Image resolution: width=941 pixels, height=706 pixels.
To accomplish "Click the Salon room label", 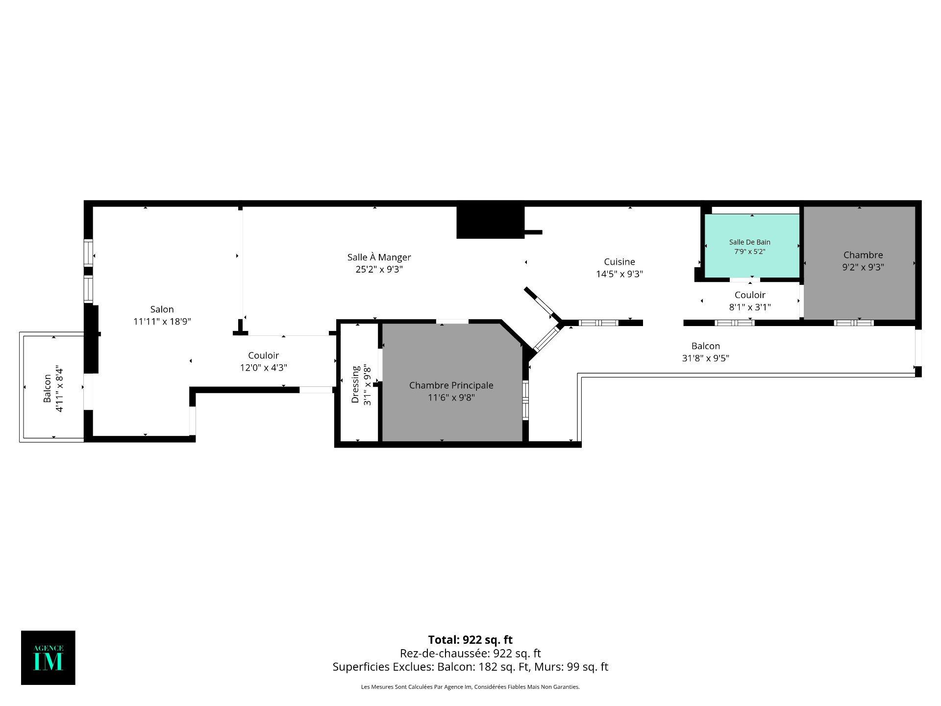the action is (162, 309).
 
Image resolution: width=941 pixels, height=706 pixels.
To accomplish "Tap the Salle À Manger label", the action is (379, 257).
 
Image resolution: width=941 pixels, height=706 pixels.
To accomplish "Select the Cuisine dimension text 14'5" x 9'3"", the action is (619, 274).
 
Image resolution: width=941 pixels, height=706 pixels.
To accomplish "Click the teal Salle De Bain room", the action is (752, 246).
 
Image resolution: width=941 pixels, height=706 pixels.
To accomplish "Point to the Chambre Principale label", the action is (451, 385).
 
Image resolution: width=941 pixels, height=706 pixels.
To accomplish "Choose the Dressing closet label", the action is (355, 384).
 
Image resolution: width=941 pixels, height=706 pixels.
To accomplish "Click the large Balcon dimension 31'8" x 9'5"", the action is (706, 358).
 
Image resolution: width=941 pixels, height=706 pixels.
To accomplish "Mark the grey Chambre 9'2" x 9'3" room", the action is (860, 263).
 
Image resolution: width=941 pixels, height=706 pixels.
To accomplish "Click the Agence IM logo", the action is (48, 657).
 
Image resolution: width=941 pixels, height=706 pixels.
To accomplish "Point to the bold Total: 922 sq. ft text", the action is (470, 640).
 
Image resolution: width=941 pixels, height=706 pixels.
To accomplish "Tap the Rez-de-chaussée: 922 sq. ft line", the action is (470, 653).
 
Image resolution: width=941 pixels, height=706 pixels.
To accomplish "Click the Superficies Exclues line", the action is (470, 667).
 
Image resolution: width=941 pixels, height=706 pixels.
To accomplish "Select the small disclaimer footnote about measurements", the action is (470, 687).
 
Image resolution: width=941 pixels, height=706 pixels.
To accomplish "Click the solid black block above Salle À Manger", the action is (491, 223).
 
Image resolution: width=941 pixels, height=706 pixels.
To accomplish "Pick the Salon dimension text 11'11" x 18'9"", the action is (162, 322).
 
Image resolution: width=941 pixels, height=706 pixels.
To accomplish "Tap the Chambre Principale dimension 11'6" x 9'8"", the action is (451, 397).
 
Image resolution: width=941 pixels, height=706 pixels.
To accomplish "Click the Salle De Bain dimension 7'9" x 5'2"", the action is (749, 252).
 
